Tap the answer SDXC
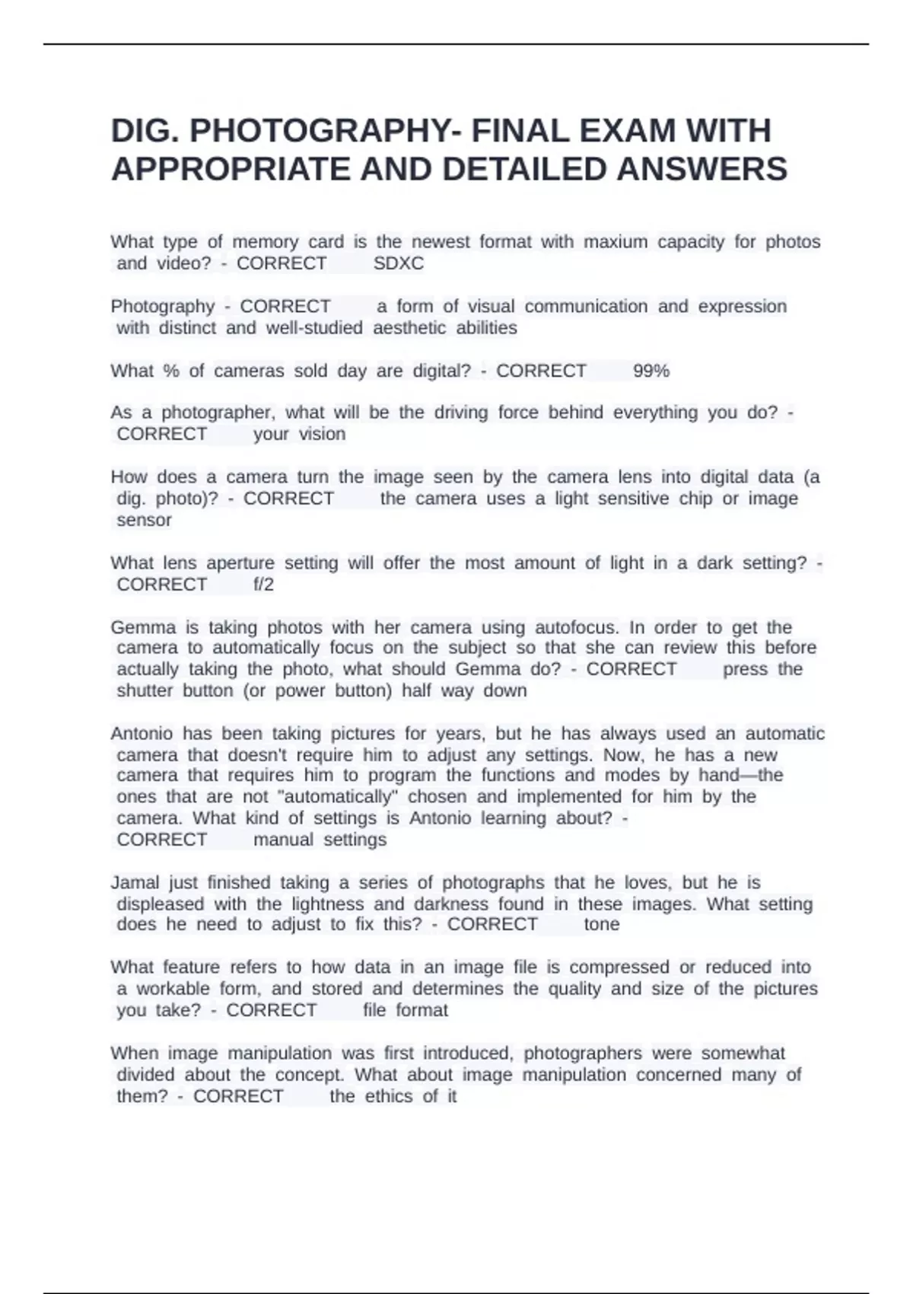[399, 263]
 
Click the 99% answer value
[651, 371]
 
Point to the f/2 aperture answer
[263, 585]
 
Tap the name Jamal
[135, 882]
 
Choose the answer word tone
[602, 924]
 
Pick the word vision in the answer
[322, 434]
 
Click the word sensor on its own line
[144, 520]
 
